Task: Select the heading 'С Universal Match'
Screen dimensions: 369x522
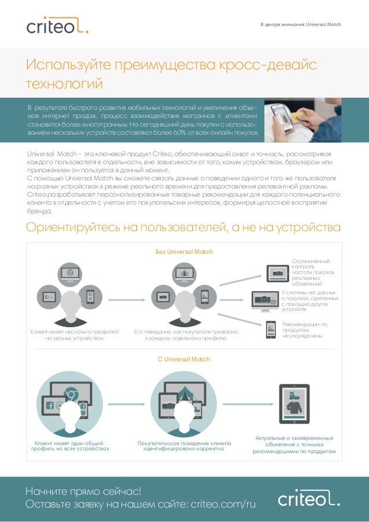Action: [184, 359]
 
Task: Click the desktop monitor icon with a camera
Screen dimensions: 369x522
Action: [265, 299]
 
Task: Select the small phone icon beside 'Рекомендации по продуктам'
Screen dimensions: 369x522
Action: [271, 329]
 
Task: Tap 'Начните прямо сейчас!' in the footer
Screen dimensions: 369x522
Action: [83, 491]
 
